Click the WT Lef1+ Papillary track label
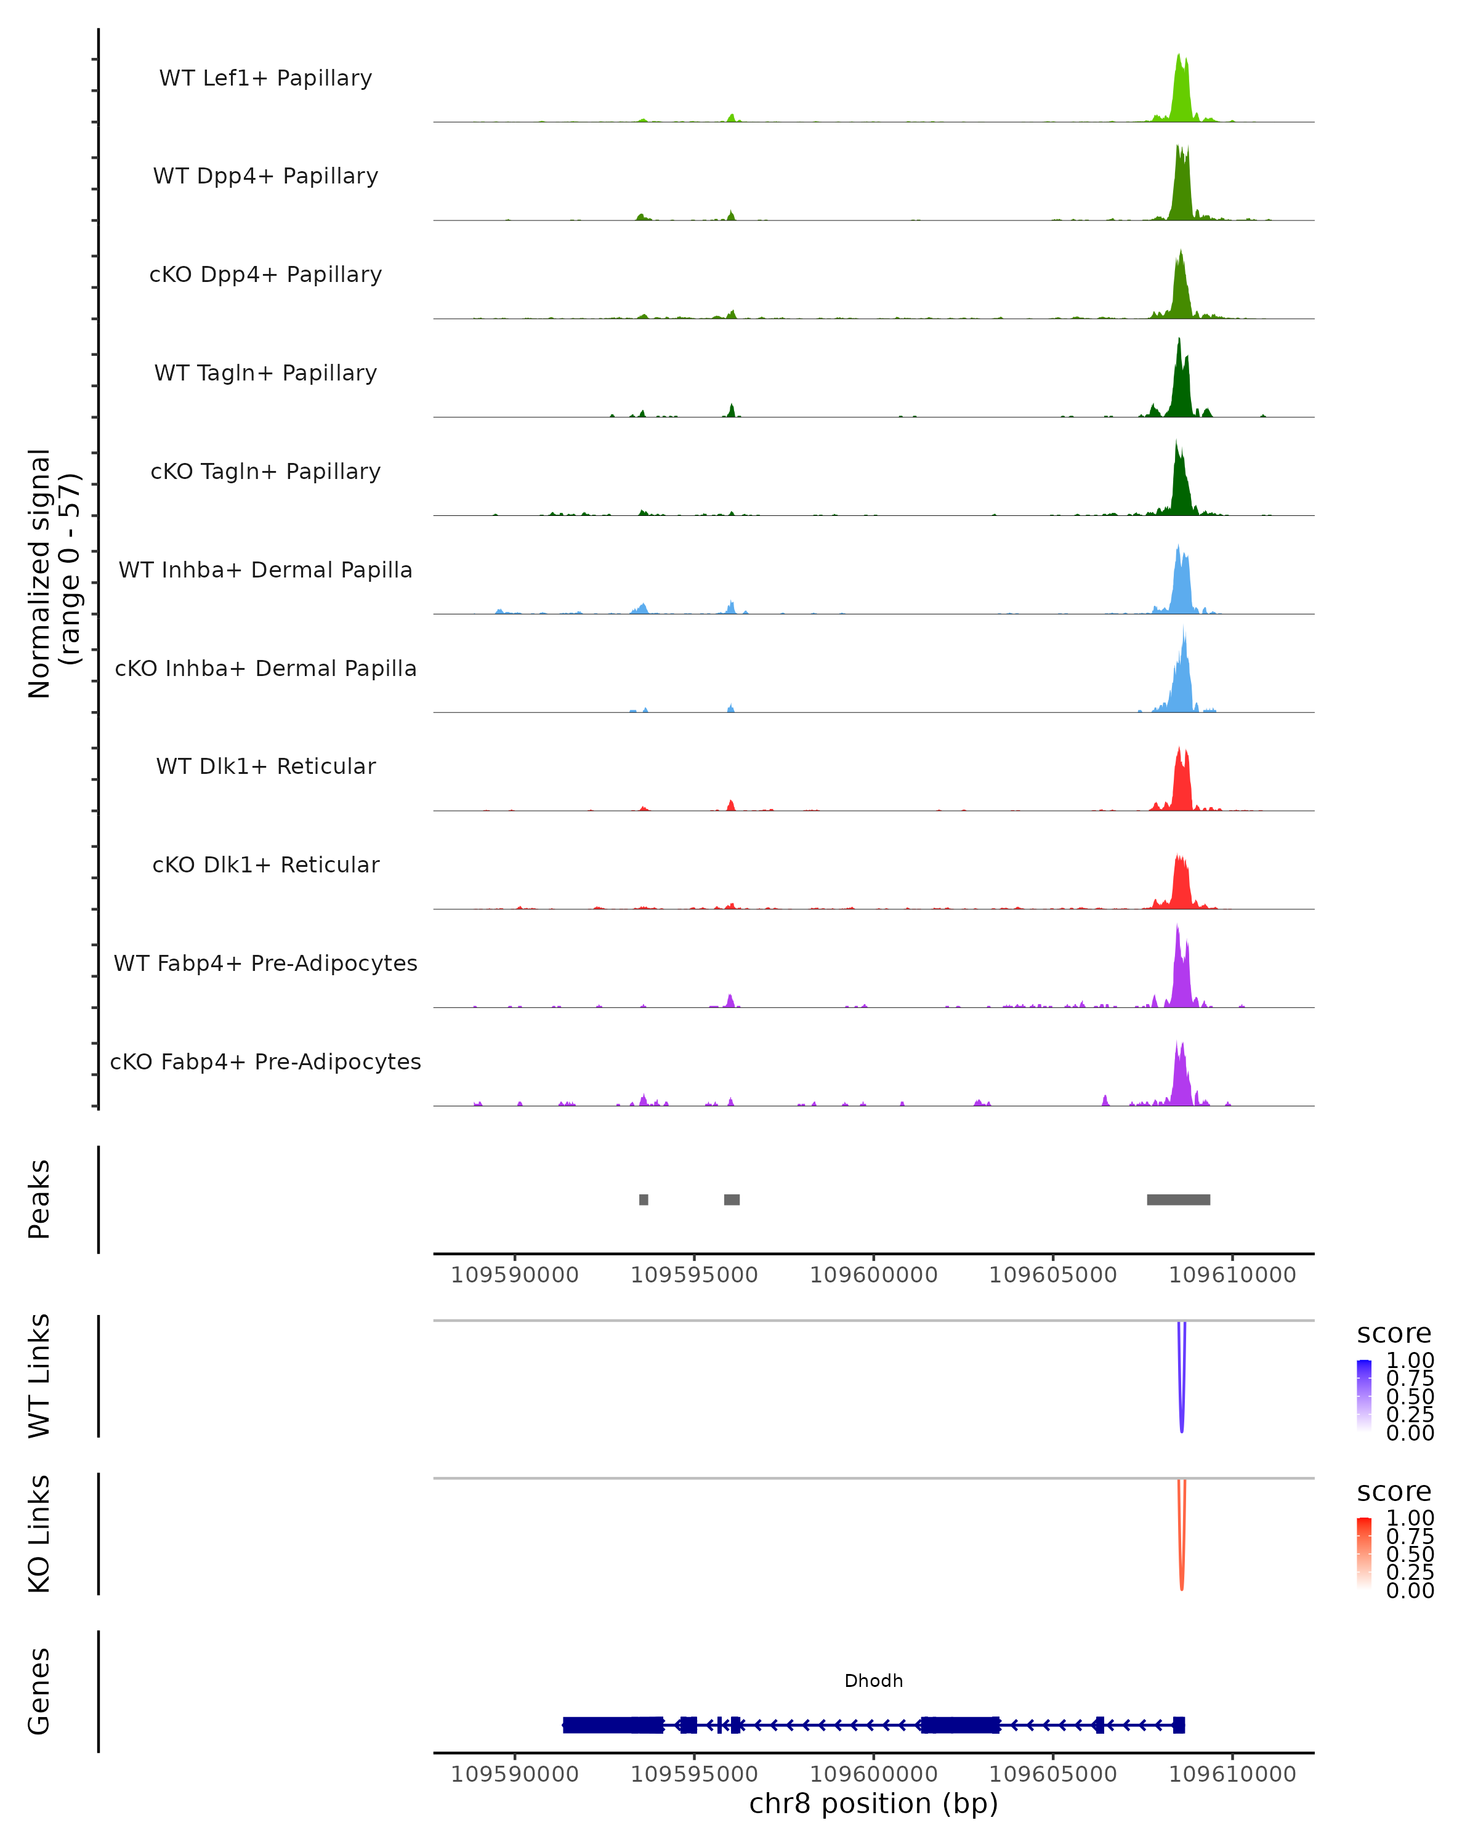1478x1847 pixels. [x=265, y=78]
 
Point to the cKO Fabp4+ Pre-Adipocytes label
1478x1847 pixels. [x=265, y=1061]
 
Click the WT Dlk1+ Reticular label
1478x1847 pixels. [x=265, y=767]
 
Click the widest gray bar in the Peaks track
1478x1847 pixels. [x=1178, y=1199]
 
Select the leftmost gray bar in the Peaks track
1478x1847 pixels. [x=644, y=1199]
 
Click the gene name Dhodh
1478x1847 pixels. [x=873, y=1681]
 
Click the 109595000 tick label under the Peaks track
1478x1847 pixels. [x=694, y=1275]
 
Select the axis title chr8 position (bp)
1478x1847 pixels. [x=873, y=1804]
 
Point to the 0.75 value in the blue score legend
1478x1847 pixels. [x=1410, y=1378]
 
